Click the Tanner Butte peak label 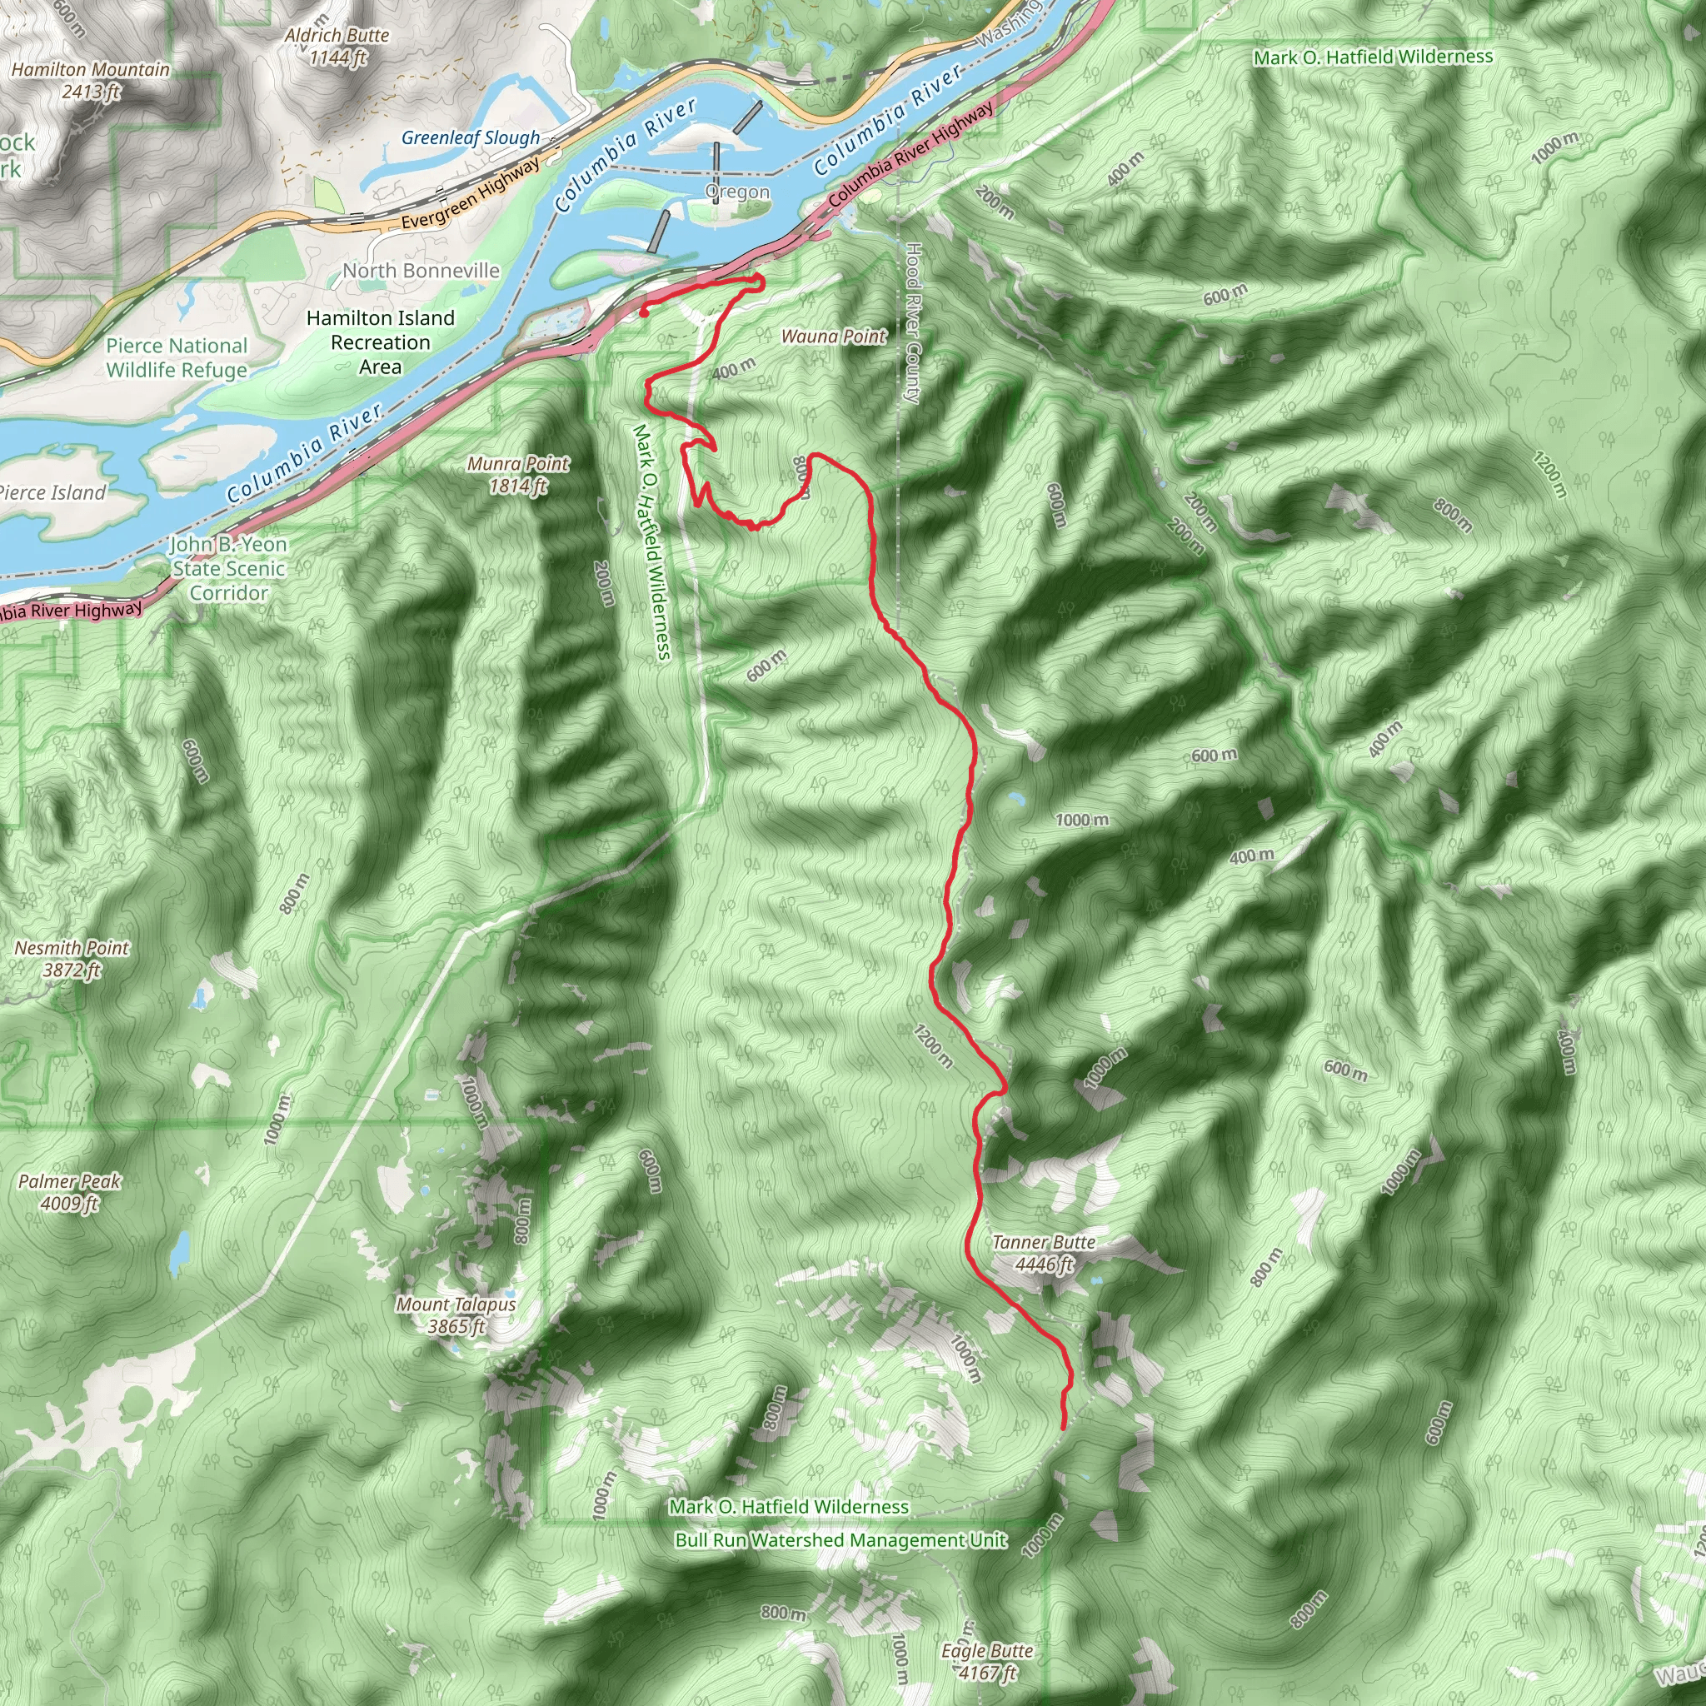tap(1043, 1253)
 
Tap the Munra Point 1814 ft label tap(518, 474)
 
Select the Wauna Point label tap(834, 337)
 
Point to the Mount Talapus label tap(456, 1314)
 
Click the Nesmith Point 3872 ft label tap(72, 959)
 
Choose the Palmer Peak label tap(70, 1192)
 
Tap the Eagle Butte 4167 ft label tap(986, 1662)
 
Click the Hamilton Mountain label tap(91, 79)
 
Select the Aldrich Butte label tap(337, 46)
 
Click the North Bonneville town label tap(422, 271)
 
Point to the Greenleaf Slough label tap(471, 137)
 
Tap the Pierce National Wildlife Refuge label tap(177, 357)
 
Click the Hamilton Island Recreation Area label tap(381, 342)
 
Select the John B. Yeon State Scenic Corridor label tap(230, 569)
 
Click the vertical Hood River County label tap(913, 323)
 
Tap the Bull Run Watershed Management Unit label tap(841, 1540)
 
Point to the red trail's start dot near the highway tap(644, 312)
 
